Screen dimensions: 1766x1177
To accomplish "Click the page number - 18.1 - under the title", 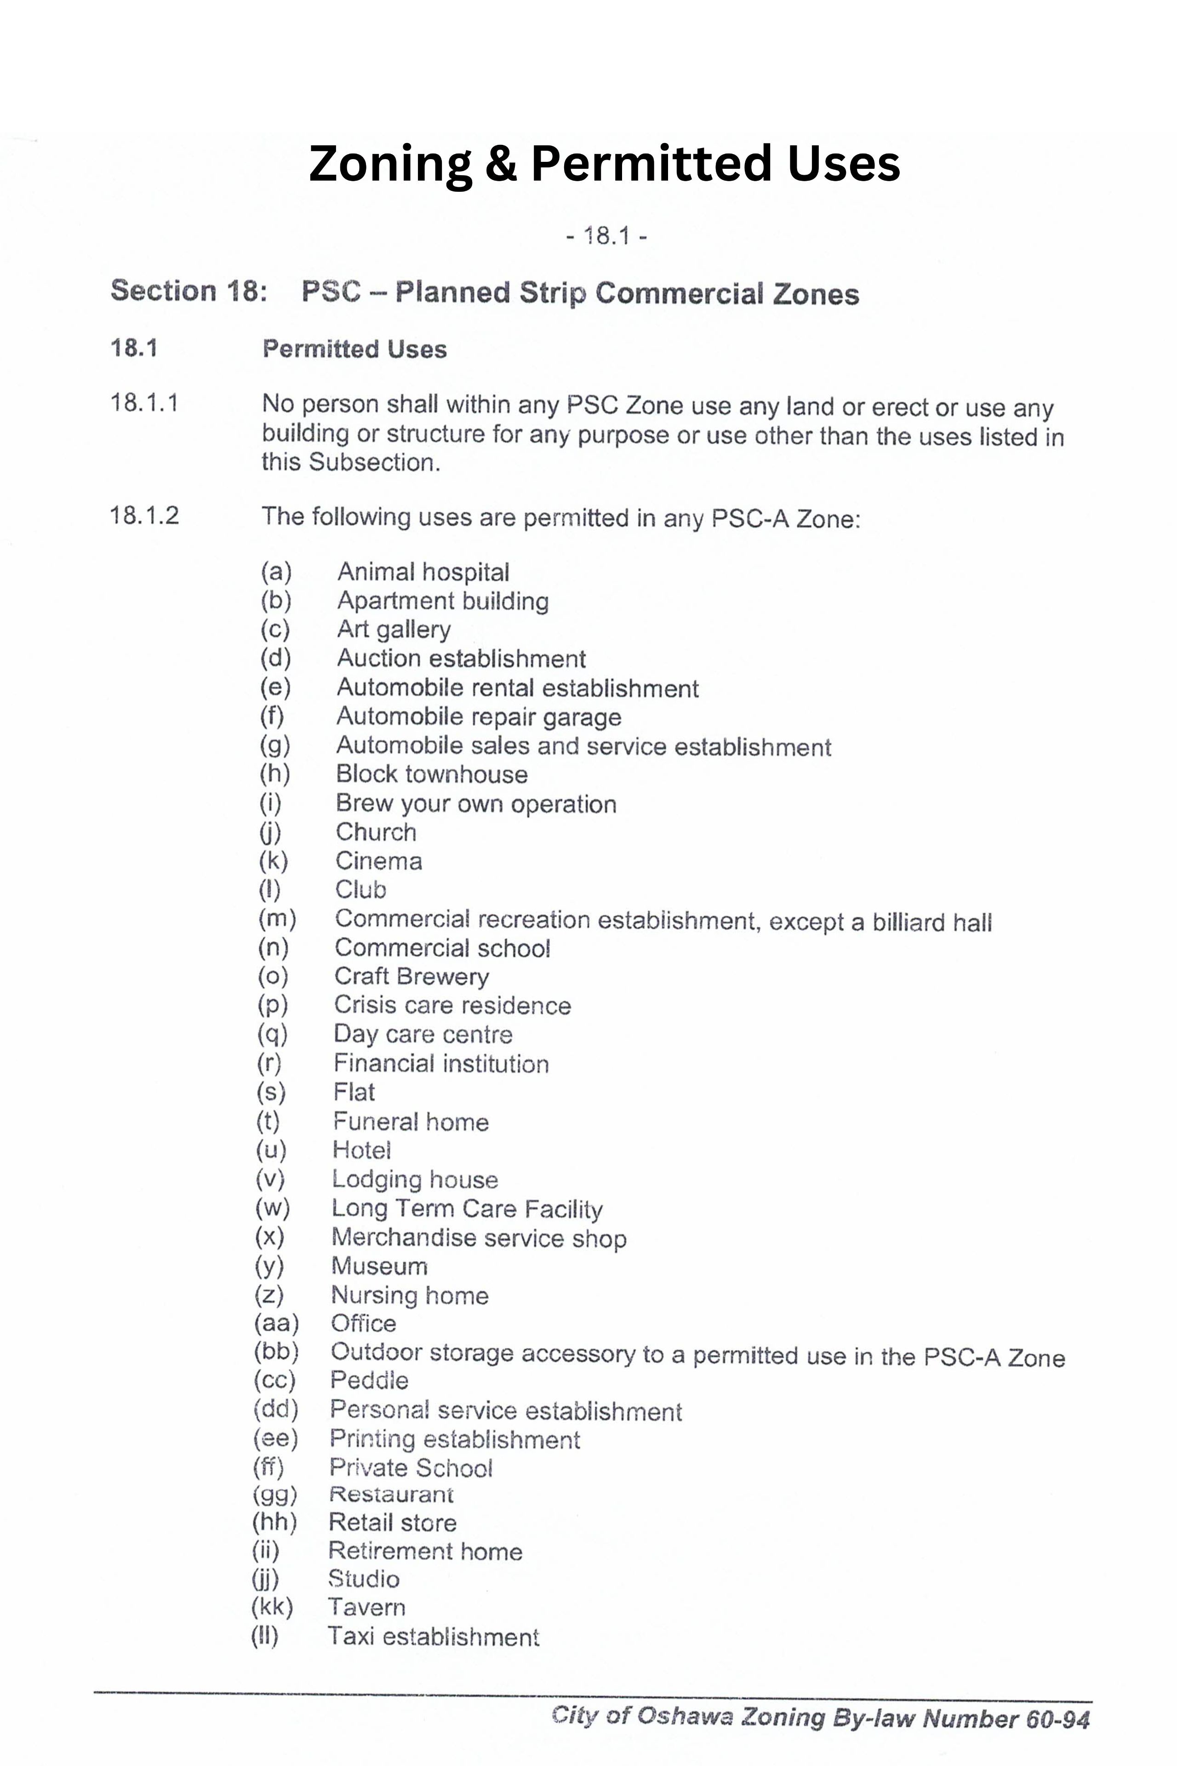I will [x=606, y=236].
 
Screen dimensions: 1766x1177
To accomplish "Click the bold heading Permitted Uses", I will [x=354, y=349].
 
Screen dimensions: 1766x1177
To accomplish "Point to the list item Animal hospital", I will [x=423, y=572].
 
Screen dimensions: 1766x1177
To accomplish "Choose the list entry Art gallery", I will [x=394, y=629].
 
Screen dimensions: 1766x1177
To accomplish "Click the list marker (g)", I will [x=275, y=745].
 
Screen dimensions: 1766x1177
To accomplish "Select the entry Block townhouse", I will [x=432, y=774].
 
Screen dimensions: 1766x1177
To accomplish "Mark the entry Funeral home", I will [x=411, y=1122].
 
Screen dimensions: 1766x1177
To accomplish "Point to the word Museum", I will [x=379, y=1267].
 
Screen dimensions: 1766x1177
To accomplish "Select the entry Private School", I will [x=411, y=1468].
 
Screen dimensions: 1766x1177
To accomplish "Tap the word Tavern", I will [x=366, y=1608].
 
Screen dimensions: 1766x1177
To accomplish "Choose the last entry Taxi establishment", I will [x=433, y=1637].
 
